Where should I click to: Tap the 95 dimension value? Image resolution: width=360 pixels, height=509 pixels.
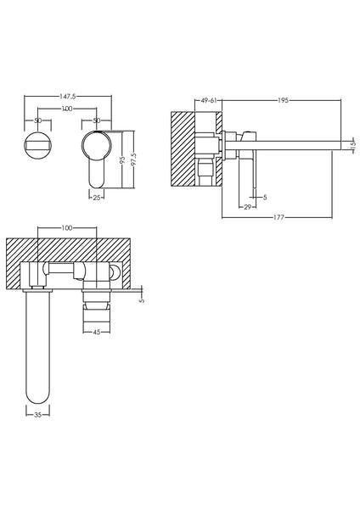122,159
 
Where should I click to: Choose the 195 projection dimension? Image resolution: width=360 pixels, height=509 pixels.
283,99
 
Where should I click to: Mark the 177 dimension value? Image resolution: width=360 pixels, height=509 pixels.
280,216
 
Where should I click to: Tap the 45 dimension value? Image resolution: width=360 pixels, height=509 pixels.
96,333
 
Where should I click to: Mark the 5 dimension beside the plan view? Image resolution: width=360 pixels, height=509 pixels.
142,298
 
